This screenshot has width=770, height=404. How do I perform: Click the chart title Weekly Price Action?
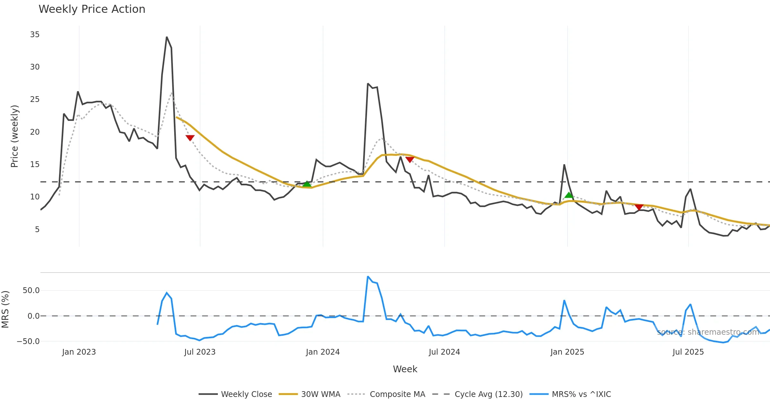pyautogui.click(x=92, y=9)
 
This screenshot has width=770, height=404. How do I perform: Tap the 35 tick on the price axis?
pyautogui.click(x=35, y=35)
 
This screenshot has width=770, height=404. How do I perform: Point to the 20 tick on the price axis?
pyautogui.click(x=35, y=132)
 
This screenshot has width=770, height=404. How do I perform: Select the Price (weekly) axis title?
pyautogui.click(x=14, y=136)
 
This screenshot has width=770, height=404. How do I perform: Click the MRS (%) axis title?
pyautogui.click(x=5, y=309)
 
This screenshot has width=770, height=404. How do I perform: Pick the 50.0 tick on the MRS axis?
pyautogui.click(x=31, y=290)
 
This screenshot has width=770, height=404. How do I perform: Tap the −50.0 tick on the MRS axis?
pyautogui.click(x=29, y=341)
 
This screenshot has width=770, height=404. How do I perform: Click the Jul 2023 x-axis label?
pyautogui.click(x=200, y=352)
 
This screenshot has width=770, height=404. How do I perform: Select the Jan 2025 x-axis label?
pyautogui.click(x=567, y=352)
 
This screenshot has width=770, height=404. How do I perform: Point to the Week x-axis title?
pyautogui.click(x=405, y=369)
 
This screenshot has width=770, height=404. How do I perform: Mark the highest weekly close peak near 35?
pyautogui.click(x=167, y=37)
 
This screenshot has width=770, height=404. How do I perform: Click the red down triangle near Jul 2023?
pyautogui.click(x=190, y=138)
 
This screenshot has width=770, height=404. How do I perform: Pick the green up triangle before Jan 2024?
pyautogui.click(x=307, y=184)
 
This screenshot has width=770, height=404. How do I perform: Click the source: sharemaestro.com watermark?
pyautogui.click(x=708, y=332)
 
